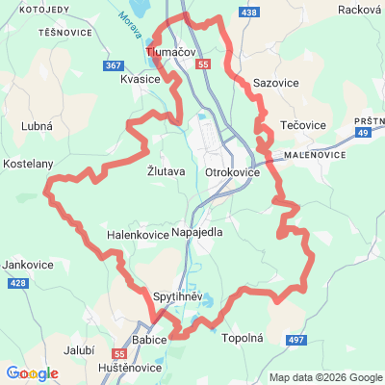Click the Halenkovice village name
point(137,234)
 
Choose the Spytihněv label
point(178,296)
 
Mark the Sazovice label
point(275,84)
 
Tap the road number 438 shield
point(250,12)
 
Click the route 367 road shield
point(113,65)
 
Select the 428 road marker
point(16,284)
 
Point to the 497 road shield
point(297,340)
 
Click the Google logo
point(33,373)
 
